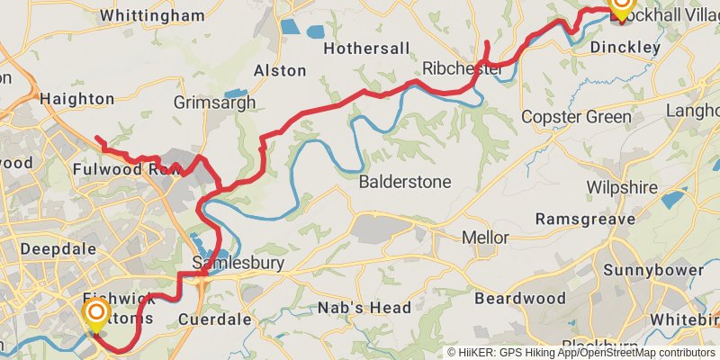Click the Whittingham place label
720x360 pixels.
point(152,15)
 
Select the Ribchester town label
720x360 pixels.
point(463,69)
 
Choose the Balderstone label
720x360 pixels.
point(405,182)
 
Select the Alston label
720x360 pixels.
point(274,70)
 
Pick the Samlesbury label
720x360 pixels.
point(238,264)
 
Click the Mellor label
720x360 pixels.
point(484,238)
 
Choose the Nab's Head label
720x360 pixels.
point(364,308)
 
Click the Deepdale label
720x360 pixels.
point(51,247)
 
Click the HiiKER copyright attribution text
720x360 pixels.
point(581,352)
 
